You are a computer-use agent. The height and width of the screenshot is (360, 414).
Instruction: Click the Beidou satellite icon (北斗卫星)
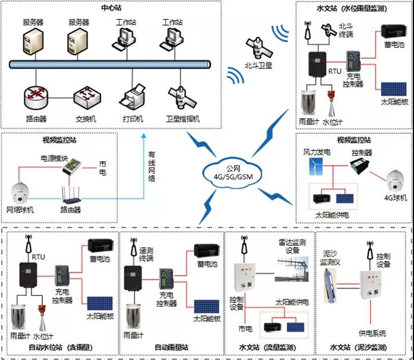(x=258, y=46)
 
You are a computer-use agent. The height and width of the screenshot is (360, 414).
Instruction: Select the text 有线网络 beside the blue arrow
(x=152, y=167)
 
